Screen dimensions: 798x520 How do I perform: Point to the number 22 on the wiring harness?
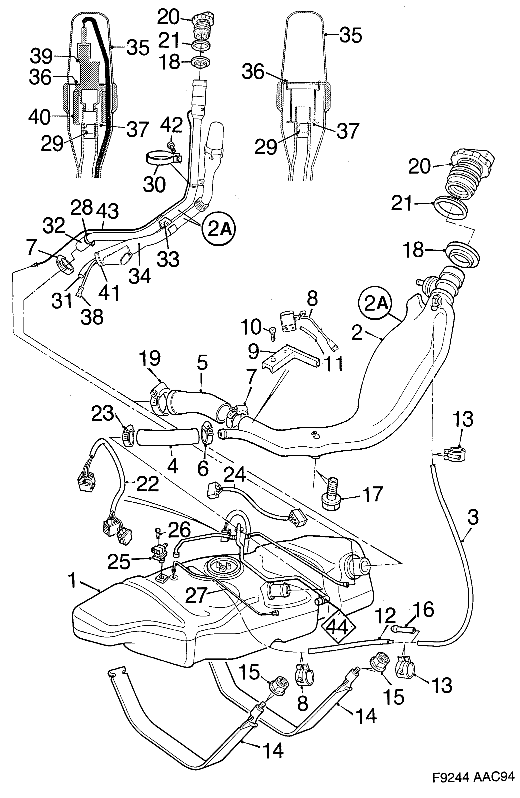click(x=148, y=484)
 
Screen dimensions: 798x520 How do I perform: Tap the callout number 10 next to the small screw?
click(x=251, y=327)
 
